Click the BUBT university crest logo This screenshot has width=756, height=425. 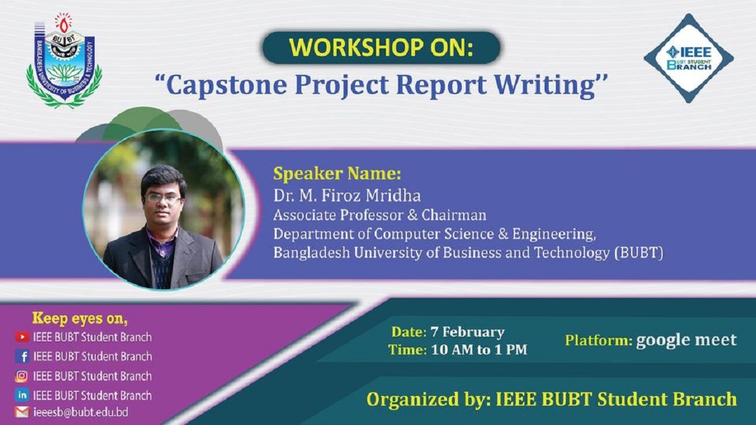[x=64, y=61]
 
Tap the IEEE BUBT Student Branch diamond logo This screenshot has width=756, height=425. [x=688, y=58]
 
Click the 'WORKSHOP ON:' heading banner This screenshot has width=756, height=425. [x=381, y=48]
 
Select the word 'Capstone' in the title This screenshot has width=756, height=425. [x=226, y=85]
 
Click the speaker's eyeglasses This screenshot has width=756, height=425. [x=163, y=198]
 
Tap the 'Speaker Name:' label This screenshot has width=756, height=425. [x=337, y=173]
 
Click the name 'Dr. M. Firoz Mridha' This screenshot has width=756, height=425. [x=347, y=195]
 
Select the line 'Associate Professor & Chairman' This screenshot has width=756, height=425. [x=380, y=215]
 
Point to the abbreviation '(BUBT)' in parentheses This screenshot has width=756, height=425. [x=639, y=252]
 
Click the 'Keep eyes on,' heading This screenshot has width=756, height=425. [x=80, y=318]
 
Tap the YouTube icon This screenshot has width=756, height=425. [x=22, y=337]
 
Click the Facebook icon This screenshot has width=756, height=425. [x=22, y=356]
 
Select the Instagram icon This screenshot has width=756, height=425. [x=22, y=376]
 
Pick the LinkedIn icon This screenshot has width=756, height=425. [x=22, y=395]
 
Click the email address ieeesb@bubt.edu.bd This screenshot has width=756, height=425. [x=80, y=412]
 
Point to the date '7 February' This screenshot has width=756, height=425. [x=468, y=332]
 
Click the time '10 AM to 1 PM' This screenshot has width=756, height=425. [x=479, y=350]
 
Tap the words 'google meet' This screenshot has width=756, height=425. [x=686, y=340]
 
